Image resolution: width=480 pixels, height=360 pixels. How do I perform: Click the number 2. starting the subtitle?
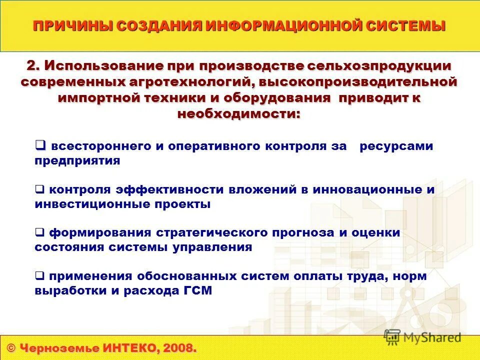click(x=33, y=65)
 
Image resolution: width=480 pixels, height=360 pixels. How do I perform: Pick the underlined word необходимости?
click(x=239, y=113)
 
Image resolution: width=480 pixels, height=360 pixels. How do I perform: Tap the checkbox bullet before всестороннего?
click(x=40, y=145)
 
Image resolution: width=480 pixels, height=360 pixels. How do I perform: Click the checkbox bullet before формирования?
click(x=39, y=232)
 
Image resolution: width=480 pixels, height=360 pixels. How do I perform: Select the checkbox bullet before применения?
click(x=39, y=275)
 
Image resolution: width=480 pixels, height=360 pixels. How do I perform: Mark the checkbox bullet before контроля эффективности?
click(x=39, y=189)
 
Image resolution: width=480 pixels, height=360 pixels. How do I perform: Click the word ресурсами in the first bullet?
click(x=396, y=146)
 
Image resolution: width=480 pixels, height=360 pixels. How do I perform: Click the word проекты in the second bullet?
click(x=187, y=204)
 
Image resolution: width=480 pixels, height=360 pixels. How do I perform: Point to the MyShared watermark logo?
click(x=422, y=337)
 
